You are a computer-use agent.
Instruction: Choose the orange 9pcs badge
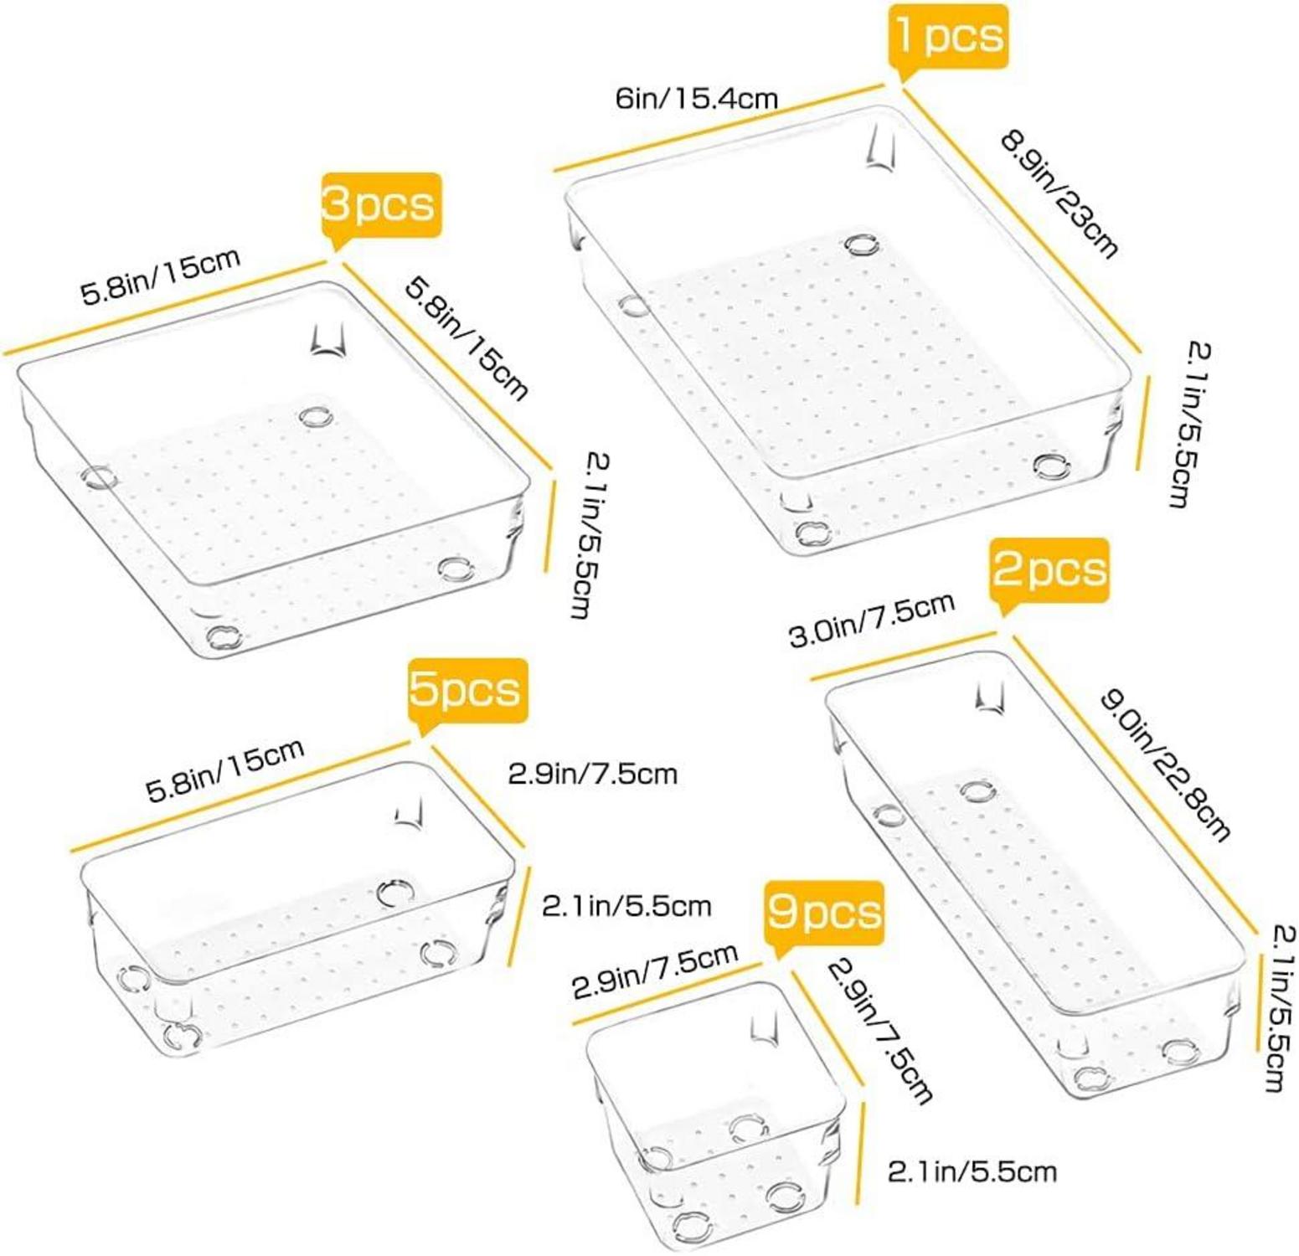pyautogui.click(x=824, y=914)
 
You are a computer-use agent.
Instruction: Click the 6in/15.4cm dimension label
pyautogui.click(x=697, y=99)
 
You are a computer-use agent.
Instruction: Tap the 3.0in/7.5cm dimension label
pyautogui.click(x=872, y=620)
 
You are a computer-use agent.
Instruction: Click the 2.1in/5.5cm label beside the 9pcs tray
pyautogui.click(x=972, y=1171)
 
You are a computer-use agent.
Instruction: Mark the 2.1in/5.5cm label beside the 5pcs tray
pyautogui.click(x=626, y=905)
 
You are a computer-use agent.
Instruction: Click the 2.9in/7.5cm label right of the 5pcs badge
pyautogui.click(x=592, y=773)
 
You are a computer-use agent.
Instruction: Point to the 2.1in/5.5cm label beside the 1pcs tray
pyautogui.click(x=1190, y=424)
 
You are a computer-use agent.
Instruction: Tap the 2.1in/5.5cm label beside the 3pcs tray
pyautogui.click(x=590, y=536)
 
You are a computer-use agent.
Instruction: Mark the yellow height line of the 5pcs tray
pyautogui.click(x=520, y=917)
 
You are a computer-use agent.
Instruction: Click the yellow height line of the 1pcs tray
pyautogui.click(x=1143, y=423)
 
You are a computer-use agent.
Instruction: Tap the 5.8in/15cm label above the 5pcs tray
pyautogui.click(x=225, y=770)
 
